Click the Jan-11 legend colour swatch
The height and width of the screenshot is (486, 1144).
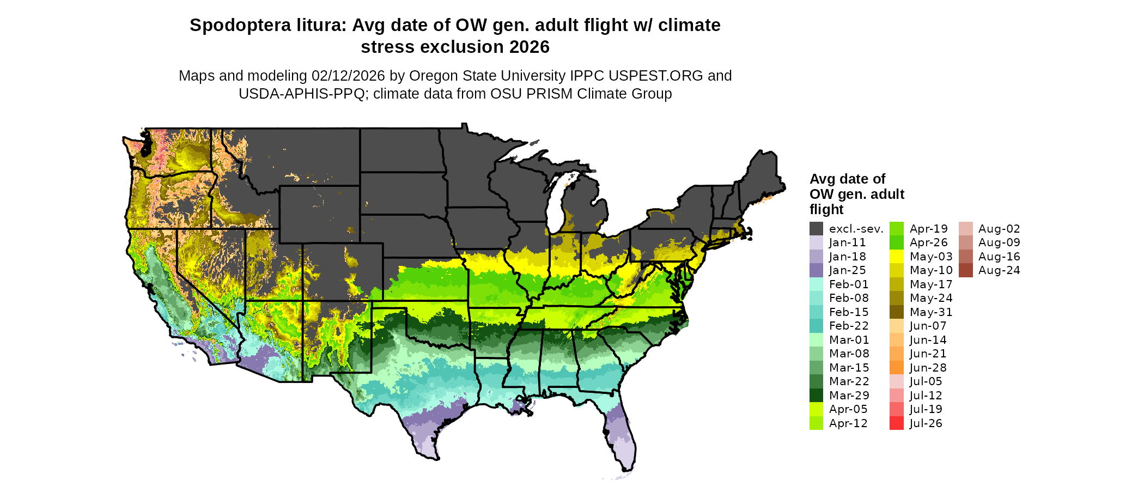coord(816,242)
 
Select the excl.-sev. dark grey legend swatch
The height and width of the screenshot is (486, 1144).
coord(816,229)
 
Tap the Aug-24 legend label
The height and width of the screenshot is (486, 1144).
coord(999,270)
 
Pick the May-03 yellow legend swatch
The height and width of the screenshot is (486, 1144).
coord(896,257)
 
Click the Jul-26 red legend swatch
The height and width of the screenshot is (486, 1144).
coord(896,423)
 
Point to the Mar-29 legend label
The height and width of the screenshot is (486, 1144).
coord(849,396)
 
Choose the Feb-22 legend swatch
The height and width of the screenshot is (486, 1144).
coord(816,326)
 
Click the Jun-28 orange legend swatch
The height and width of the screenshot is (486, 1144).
coord(896,368)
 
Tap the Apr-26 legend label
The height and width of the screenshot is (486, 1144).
coord(929,242)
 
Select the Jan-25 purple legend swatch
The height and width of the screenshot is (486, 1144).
coord(816,270)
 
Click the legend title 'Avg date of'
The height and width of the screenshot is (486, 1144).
coord(847,179)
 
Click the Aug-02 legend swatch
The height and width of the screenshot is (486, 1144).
coord(965,229)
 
